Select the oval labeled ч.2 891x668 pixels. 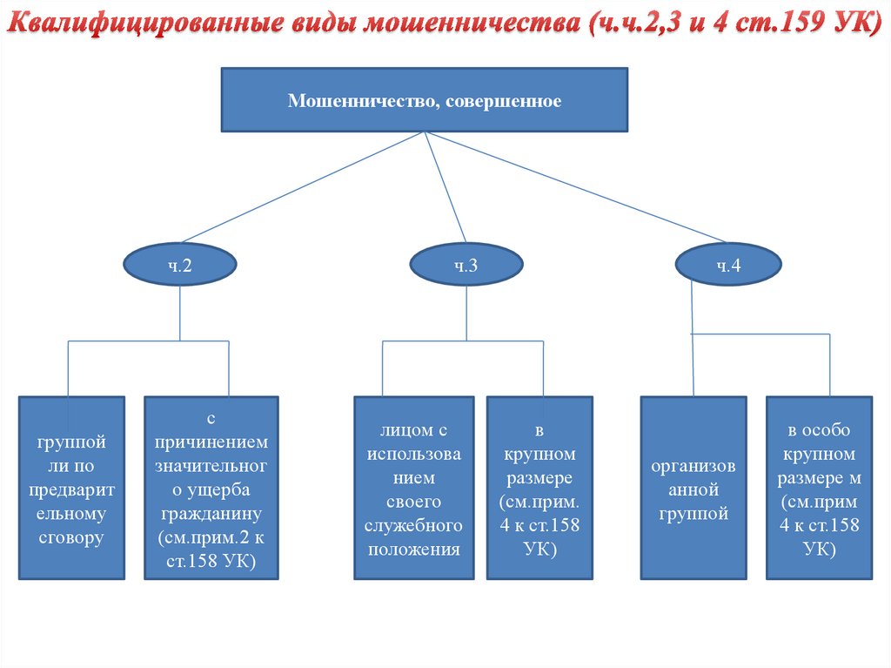coord(180,266)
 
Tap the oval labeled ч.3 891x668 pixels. coord(466,266)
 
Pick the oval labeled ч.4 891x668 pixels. coord(727,266)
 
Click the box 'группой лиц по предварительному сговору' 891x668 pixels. coord(72,488)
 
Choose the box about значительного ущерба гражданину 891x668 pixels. coord(211,488)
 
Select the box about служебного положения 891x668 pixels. coord(413,488)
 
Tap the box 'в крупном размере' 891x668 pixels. coord(539,488)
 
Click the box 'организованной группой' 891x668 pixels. coord(693,488)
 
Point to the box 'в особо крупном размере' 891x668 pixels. coord(819,488)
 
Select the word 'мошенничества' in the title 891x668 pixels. coord(466,23)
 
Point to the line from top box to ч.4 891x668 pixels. coord(574,186)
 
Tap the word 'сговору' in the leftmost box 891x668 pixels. coord(72,537)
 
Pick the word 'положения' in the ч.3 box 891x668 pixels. coord(413,549)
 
